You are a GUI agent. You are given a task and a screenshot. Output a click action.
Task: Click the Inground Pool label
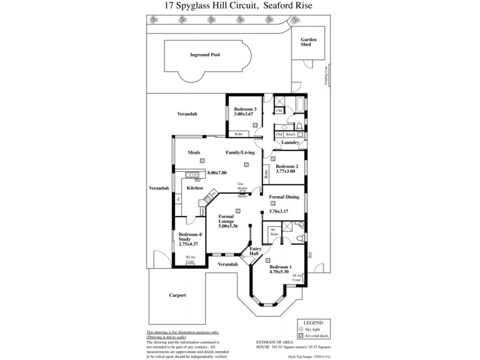coord(205,55)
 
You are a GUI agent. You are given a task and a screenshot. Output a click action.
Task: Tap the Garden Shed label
coord(308,43)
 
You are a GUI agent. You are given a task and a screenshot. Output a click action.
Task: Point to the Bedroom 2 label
coord(286,166)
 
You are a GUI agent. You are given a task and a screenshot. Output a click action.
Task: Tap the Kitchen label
coord(195,188)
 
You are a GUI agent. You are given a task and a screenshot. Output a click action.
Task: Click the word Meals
coord(194,152)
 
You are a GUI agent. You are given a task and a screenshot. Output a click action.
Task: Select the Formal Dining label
coord(284,197)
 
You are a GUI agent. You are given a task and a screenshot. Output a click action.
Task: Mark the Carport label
coord(178,295)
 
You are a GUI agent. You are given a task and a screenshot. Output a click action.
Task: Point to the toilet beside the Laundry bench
coord(298,126)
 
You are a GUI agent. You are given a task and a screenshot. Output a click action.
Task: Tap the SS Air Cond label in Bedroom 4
coord(190,259)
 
